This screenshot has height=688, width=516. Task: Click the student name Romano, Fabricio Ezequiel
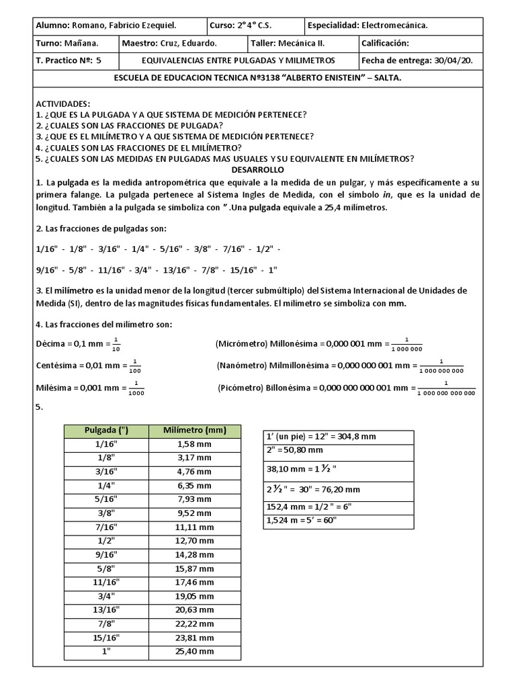coord(124,26)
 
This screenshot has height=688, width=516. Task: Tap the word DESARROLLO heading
coord(258,170)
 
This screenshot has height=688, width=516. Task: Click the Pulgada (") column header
coord(106,430)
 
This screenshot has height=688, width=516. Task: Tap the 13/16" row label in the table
coord(106,610)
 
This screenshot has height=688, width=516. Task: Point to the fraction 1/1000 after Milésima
coord(136,388)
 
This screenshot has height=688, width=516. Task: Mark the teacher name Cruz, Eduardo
coord(187,43)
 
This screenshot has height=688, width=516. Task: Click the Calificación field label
coord(385,43)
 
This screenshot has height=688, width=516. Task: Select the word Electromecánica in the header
coord(394,26)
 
